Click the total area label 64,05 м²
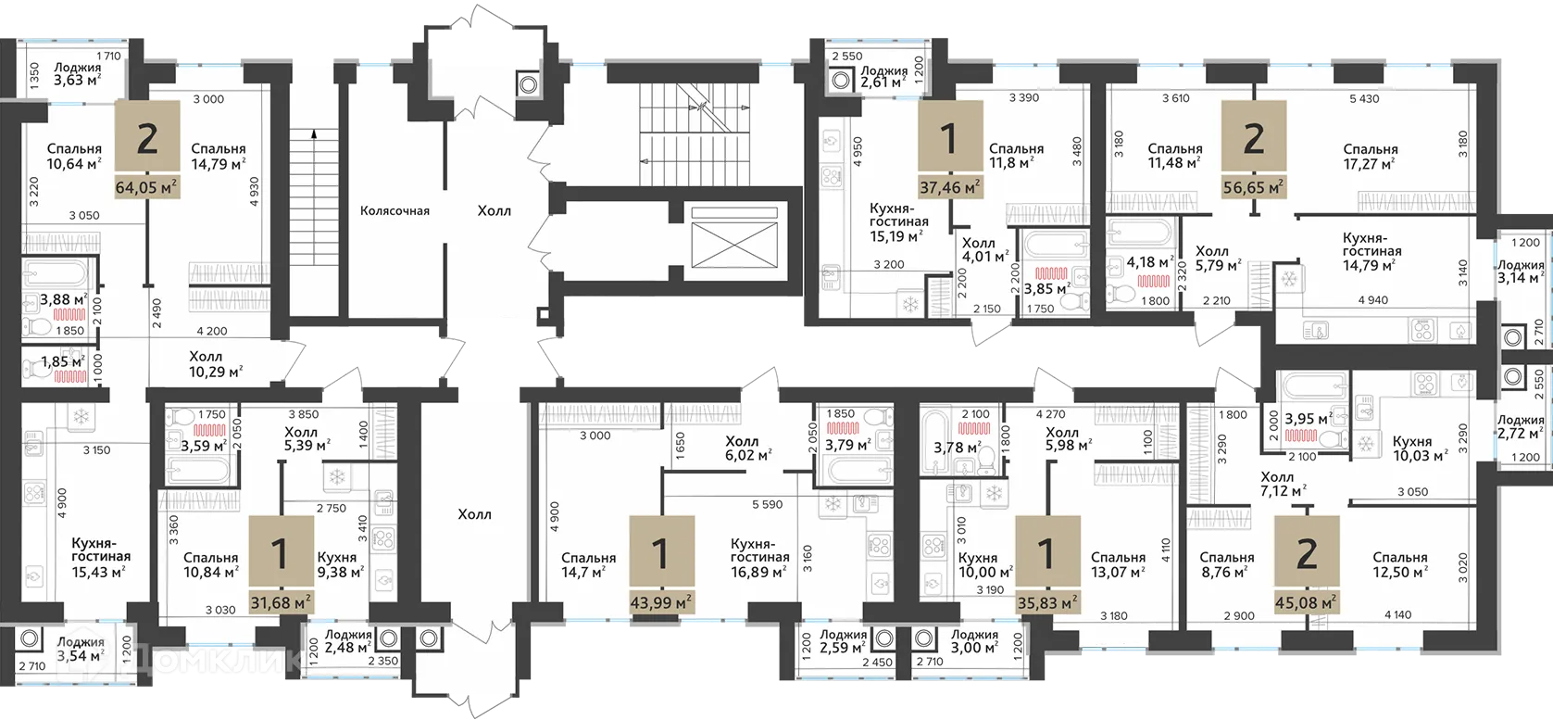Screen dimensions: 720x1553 tap(146, 187)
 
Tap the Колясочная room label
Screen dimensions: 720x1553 tap(395, 211)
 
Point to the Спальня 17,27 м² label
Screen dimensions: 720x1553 tap(1370, 157)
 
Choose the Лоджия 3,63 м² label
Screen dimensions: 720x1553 tap(77, 74)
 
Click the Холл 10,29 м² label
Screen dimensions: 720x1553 tap(216, 364)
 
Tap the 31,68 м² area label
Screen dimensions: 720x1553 tap(280, 603)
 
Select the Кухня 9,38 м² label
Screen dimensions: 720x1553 tap(339, 565)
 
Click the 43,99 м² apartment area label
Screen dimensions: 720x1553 tap(659, 603)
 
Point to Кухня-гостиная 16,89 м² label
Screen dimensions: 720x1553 tap(759, 558)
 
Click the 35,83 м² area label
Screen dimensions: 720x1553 tap(1046, 603)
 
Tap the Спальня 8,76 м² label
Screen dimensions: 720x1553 tap(1226, 565)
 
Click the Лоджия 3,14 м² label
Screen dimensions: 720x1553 tap(1521, 272)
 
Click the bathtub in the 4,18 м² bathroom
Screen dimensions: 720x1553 tap(1140, 235)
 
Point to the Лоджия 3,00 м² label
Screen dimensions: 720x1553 tap(974, 641)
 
